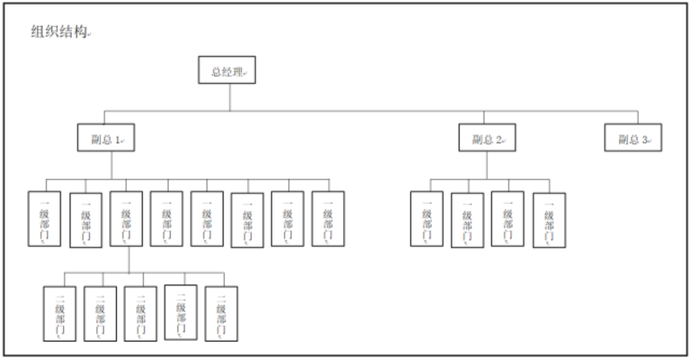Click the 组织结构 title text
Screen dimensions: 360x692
[59, 32]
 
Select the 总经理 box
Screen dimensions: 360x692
[227, 70]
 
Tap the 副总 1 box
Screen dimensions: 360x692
[106, 138]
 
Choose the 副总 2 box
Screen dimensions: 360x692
[487, 138]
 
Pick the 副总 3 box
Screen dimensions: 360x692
[633, 138]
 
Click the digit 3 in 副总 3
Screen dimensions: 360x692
[645, 140]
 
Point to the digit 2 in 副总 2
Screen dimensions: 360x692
[499, 140]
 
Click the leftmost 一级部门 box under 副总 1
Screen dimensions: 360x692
[45, 219]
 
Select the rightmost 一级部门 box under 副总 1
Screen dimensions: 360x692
[328, 219]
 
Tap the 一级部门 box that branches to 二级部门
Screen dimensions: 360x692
[127, 219]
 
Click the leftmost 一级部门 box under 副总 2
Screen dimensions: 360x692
[427, 219]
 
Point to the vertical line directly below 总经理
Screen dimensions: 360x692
[230, 97]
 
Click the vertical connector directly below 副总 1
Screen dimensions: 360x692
[112, 165]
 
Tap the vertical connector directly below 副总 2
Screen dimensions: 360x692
[487, 165]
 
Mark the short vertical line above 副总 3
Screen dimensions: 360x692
[638, 117]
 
